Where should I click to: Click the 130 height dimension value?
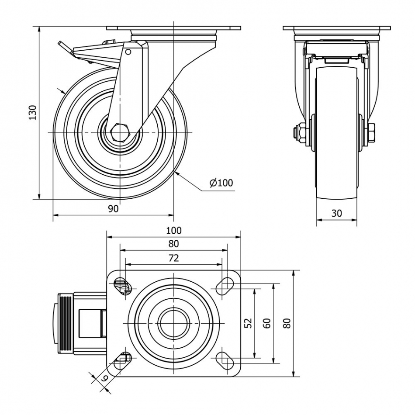coord(32,112)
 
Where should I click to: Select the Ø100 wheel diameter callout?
coord(221,183)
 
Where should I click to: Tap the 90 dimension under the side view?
coord(113,209)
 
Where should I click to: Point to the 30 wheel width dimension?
coord(336,213)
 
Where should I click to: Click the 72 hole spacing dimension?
coord(173,258)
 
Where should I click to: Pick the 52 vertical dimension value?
coord(248,323)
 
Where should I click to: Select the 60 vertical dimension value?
coord(267,323)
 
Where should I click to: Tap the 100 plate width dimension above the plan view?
coord(173,231)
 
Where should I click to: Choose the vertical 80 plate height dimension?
coord(287,323)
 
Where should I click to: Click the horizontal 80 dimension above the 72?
coord(173,244)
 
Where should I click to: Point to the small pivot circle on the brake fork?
coord(128,52)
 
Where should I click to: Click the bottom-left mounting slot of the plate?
coord(123,360)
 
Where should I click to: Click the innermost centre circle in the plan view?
coord(173,323)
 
